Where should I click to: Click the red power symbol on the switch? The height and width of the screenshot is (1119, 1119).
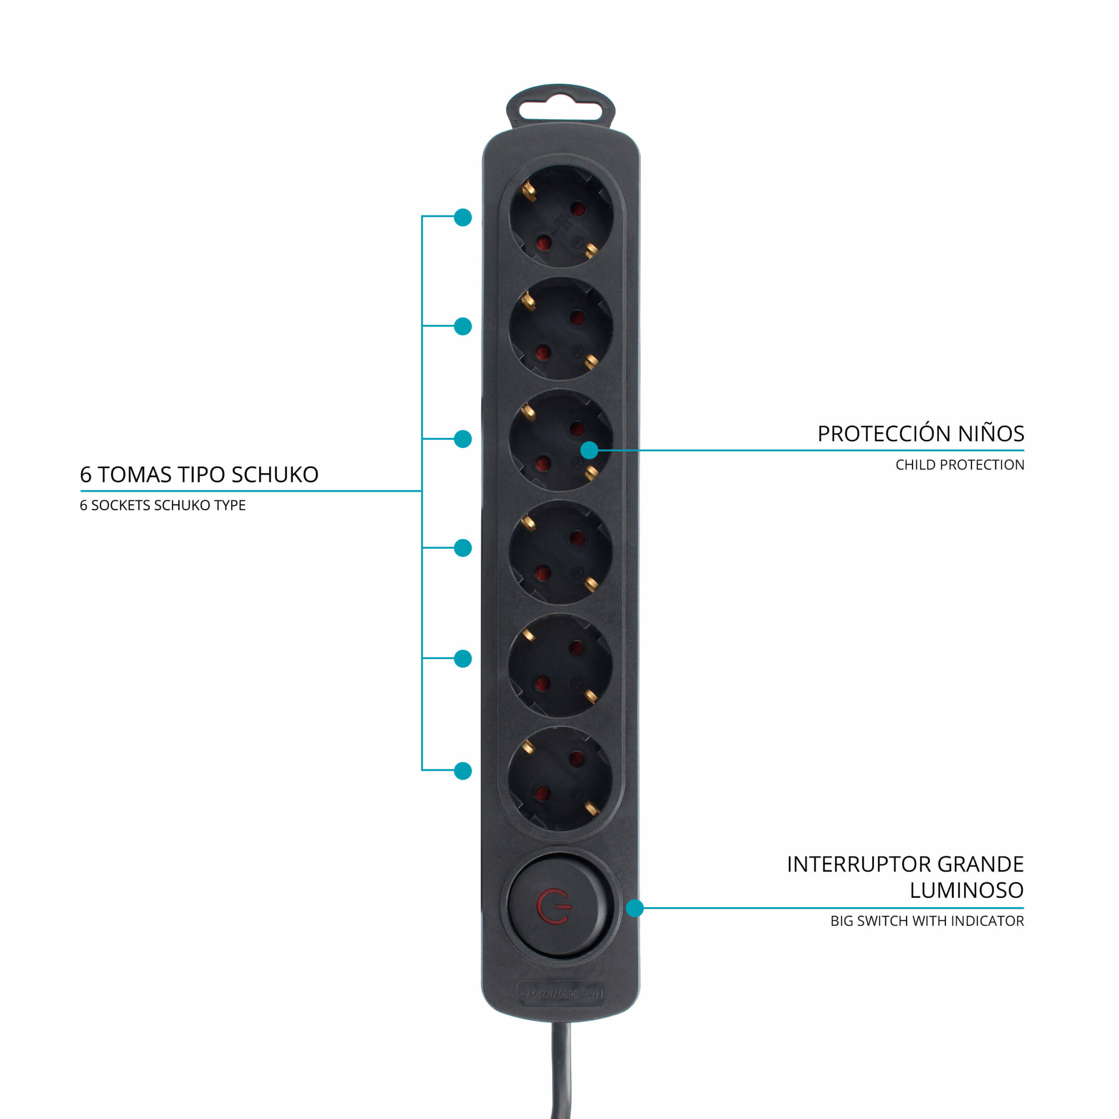[x=553, y=907]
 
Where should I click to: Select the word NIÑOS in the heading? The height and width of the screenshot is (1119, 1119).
[x=990, y=434]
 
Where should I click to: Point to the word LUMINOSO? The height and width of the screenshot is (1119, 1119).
[x=966, y=890]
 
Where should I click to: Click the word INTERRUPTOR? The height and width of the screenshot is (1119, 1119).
[x=859, y=864]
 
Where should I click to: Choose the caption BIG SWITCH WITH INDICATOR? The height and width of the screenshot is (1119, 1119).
[x=927, y=921]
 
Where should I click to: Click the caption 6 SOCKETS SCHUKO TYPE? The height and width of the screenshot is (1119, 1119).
[x=163, y=506]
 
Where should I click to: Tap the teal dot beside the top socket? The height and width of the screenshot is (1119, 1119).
[x=463, y=217]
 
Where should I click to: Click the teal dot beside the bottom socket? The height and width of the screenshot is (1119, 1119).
[x=463, y=771]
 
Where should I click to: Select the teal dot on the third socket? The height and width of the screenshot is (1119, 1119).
[x=589, y=450]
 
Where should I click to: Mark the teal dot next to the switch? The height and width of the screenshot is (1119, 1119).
[x=635, y=908]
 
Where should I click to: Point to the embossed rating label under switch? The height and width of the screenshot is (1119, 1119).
[x=561, y=993]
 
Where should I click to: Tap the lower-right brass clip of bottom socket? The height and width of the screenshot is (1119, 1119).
[x=591, y=807]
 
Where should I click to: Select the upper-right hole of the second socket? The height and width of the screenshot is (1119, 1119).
[x=577, y=317]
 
